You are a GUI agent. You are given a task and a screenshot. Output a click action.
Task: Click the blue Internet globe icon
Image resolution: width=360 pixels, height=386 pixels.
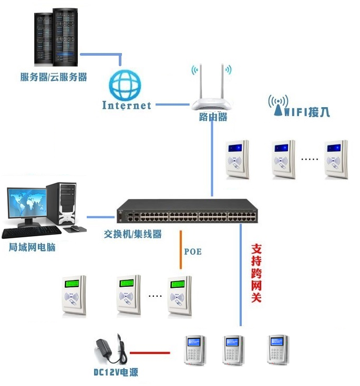coord(125,85)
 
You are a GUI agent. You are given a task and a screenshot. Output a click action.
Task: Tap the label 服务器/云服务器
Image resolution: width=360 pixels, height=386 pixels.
coord(54,77)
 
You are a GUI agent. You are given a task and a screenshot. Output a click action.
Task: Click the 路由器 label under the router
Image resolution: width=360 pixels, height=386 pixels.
coord(213,117)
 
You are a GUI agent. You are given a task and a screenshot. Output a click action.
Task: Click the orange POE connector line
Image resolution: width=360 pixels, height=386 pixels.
coord(181,249)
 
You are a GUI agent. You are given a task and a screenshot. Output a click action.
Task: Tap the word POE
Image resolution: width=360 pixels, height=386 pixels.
coord(193,252)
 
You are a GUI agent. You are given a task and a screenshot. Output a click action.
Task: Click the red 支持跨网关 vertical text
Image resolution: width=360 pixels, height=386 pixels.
coord(256,273)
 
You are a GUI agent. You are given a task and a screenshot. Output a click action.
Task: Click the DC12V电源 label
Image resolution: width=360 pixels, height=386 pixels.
coord(116,372)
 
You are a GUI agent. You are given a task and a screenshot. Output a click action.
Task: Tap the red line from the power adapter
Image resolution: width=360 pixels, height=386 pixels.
coord(150,353)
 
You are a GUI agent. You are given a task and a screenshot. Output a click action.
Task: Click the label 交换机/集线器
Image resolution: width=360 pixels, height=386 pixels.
coord(132,234)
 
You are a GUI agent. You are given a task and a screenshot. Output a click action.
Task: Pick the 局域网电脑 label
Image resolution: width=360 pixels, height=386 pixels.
coord(32,247)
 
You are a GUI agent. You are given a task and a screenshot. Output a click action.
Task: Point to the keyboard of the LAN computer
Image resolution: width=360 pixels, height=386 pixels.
coord(32,232)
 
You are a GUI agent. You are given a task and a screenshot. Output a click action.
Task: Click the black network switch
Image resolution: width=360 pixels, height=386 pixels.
coord(187,211)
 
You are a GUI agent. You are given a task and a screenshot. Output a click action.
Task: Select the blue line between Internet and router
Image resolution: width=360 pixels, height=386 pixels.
coord(172,105)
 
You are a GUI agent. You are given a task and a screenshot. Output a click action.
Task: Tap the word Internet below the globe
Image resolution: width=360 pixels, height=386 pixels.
coord(127,106)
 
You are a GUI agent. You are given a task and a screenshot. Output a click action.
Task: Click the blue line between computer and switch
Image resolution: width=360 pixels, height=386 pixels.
coord(100,217)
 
